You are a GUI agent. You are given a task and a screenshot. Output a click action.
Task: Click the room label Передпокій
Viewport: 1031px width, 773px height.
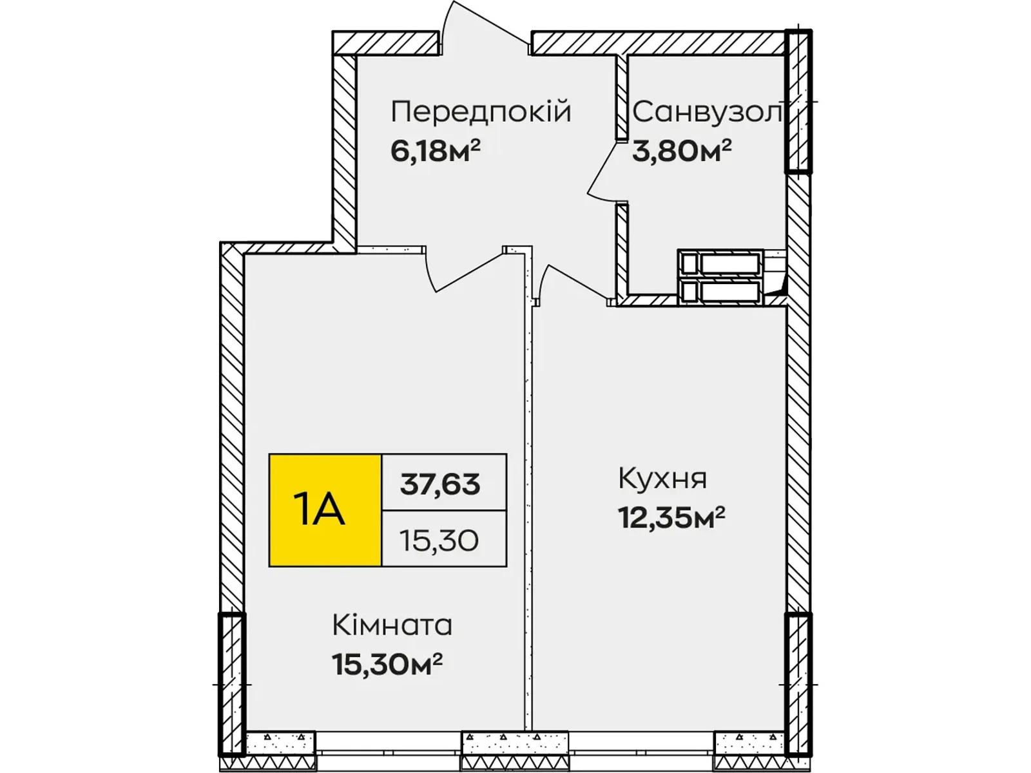481,113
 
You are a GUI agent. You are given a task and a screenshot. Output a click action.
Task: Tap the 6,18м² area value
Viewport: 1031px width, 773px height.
436,151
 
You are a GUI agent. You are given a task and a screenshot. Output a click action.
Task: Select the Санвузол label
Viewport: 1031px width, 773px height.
707,113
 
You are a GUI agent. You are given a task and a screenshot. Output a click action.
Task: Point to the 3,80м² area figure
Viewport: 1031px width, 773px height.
682,151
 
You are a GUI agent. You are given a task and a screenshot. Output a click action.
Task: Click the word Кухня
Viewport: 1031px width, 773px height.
662,479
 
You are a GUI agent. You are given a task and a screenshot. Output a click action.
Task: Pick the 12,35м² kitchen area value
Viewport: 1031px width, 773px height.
671,517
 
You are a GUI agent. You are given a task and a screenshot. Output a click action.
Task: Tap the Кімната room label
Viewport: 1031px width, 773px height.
392,625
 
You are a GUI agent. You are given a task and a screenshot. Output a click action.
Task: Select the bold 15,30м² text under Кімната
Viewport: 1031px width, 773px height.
387,664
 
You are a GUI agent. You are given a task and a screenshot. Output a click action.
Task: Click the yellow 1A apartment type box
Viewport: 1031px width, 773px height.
325,510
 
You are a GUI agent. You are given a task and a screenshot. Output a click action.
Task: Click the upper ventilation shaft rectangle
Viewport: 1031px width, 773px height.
720,263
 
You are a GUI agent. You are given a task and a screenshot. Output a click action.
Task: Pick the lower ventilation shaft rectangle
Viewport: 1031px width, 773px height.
720,291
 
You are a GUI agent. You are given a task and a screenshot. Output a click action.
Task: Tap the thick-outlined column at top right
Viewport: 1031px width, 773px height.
798,101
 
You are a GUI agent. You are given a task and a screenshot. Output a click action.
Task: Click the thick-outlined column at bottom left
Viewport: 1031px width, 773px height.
231,684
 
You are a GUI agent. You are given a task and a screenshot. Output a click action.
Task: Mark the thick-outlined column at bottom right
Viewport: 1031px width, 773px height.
798,684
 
